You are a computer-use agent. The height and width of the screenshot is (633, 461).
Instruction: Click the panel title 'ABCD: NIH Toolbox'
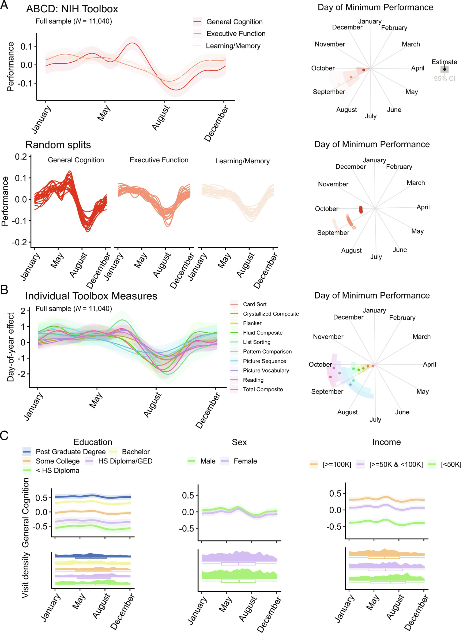click(x=72, y=9)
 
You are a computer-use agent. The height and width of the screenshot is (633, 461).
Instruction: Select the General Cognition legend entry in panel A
click(x=234, y=22)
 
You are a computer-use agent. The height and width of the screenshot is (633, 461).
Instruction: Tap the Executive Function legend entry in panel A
click(x=236, y=34)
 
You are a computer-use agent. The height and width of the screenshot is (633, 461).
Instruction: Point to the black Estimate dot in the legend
click(x=445, y=69)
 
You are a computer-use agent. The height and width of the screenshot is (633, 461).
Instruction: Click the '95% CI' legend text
click(x=444, y=78)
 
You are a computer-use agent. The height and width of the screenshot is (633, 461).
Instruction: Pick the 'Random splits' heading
click(x=58, y=145)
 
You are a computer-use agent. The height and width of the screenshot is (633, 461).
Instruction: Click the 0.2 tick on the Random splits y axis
click(x=21, y=157)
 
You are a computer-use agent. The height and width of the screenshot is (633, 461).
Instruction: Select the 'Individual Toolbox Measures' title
click(x=91, y=296)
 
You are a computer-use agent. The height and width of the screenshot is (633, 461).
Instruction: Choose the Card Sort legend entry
click(x=255, y=304)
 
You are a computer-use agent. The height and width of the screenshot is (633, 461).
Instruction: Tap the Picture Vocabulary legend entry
click(x=266, y=370)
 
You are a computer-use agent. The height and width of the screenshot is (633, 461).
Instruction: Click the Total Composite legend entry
click(x=263, y=389)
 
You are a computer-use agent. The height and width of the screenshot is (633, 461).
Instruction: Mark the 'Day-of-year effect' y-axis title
click(x=11, y=347)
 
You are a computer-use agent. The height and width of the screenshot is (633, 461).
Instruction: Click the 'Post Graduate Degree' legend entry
click(x=70, y=452)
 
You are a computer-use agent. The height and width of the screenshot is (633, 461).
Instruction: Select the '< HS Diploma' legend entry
click(x=57, y=471)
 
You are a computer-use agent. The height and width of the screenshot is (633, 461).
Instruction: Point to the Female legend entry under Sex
click(x=245, y=461)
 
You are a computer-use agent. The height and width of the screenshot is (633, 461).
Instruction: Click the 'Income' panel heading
click(x=386, y=442)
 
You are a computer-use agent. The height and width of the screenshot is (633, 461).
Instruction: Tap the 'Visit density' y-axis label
click(x=25, y=575)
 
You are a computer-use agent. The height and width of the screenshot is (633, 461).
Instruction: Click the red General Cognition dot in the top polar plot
click(x=363, y=70)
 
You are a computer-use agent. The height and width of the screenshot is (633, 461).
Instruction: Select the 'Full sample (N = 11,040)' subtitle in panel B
click(x=73, y=309)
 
